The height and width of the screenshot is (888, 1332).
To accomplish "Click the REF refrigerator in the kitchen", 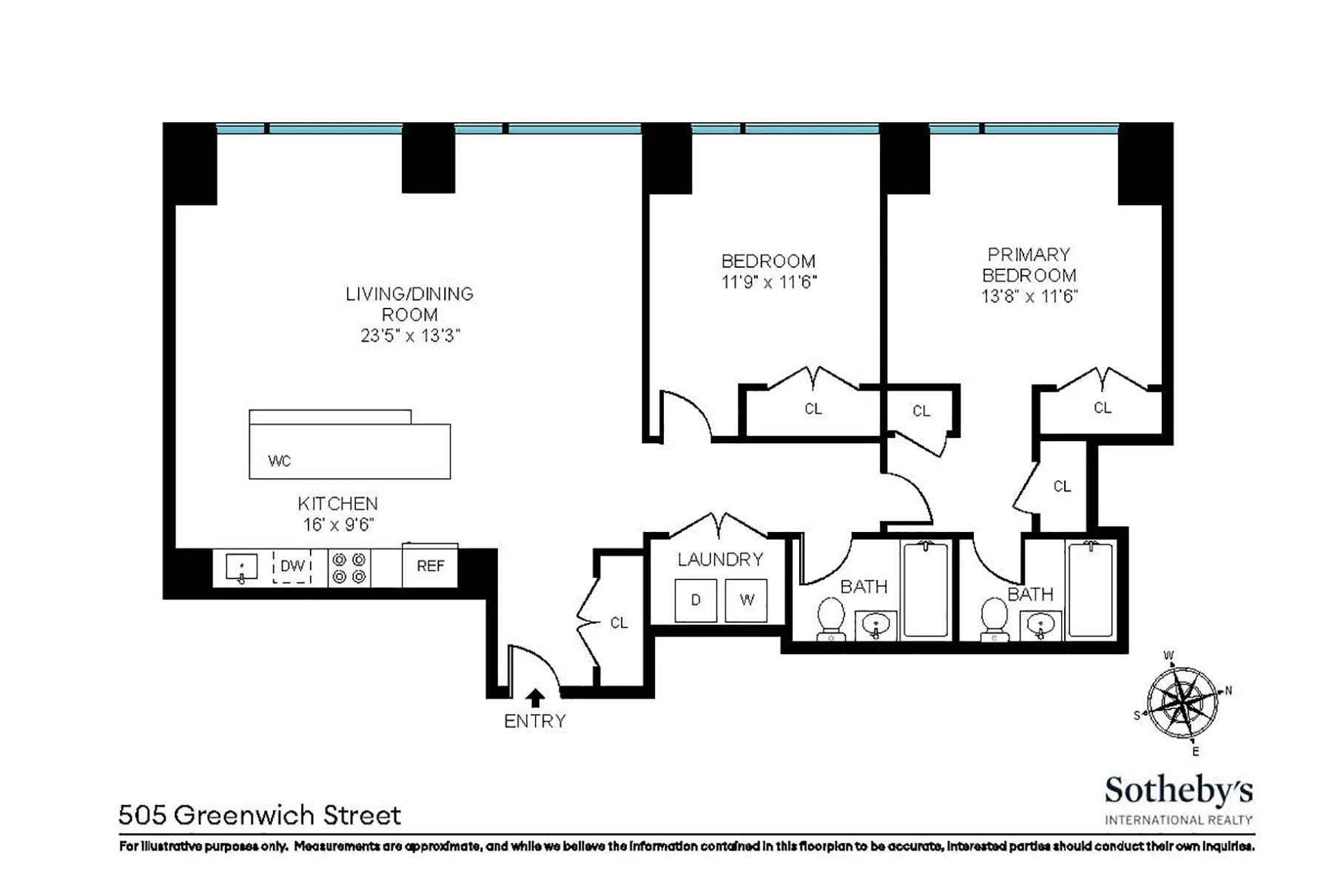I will click(x=430, y=566).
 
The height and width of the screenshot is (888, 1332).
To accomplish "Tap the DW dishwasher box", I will click(x=292, y=566).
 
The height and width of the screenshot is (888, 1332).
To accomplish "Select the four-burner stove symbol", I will click(x=349, y=568).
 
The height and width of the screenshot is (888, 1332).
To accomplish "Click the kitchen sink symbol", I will click(x=241, y=568).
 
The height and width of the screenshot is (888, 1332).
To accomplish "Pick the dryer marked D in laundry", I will click(x=696, y=599).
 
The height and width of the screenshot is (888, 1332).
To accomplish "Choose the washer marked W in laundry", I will click(x=746, y=599).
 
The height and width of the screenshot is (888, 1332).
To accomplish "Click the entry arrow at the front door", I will click(x=534, y=698).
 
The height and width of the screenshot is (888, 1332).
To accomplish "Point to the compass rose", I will click(x=1182, y=702).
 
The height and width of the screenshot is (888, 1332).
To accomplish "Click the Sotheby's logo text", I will click(x=1178, y=791).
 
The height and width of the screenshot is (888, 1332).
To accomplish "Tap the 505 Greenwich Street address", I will click(x=260, y=815).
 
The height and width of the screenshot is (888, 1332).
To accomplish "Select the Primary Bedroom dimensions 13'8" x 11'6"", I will click(x=1029, y=297).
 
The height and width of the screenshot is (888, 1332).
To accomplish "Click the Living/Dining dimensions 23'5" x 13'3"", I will click(x=410, y=336).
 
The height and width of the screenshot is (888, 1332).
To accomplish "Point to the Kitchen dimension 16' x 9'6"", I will click(x=337, y=525).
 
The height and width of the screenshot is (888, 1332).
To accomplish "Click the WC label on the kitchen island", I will click(x=280, y=461).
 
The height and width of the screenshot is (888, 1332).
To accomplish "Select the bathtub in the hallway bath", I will click(x=925, y=589).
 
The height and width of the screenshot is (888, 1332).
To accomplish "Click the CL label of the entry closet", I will click(x=619, y=623).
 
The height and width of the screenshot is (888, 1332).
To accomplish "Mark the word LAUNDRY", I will click(x=720, y=559).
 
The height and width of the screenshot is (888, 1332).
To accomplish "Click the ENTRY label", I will click(x=534, y=721).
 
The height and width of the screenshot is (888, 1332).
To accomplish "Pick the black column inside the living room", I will click(x=428, y=159).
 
